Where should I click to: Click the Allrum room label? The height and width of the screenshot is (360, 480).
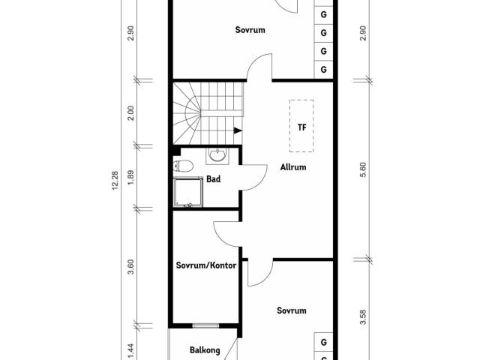coord(293,167)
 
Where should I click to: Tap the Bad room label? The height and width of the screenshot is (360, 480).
coord(213,179)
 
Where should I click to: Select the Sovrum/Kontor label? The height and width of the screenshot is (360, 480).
coord(206,265)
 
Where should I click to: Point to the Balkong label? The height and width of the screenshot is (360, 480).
coord(205,350)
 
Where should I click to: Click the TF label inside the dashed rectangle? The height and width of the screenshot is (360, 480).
coord(301,127)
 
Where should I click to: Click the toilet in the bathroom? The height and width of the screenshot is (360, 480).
coord(183,166)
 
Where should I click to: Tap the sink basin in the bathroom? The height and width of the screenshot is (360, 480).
coord(217,155)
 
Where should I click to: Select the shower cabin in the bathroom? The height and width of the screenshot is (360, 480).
coord(188,192)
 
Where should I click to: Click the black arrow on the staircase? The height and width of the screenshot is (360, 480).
coord(238,130)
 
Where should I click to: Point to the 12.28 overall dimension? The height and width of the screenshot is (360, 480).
coord(115,181)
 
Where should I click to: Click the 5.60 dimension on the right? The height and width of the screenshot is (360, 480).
coord(363,170)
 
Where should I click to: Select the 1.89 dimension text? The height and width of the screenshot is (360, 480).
coord(131,177)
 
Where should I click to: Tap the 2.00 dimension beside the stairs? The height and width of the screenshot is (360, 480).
coord(131,113)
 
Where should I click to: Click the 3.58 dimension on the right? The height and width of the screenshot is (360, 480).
coord(363,317)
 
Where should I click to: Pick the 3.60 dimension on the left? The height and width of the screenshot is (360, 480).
coord(131,267)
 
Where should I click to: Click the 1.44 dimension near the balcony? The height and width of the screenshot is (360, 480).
coord(131,351)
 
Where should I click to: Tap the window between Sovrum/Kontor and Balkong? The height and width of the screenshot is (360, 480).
coord(206,325)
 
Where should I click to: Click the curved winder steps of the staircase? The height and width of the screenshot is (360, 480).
coord(187,113)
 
